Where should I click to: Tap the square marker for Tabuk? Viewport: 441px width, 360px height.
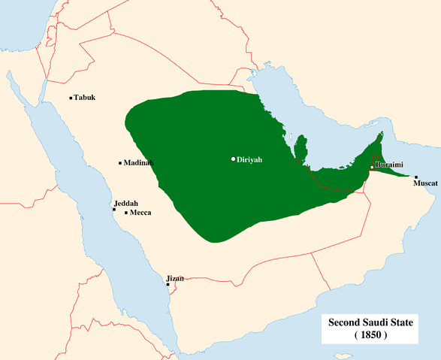71,98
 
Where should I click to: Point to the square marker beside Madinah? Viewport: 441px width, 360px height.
120,163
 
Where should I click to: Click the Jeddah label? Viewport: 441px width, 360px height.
126,204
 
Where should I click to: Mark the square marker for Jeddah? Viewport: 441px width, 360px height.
114,210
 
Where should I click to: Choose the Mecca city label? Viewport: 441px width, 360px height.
140,213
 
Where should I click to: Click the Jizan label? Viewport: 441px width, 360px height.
175,279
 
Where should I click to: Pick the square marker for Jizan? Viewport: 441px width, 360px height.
168,285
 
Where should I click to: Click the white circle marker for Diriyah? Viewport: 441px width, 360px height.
234,159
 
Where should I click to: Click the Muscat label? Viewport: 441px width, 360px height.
425,183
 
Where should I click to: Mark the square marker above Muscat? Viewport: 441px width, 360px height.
415,177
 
